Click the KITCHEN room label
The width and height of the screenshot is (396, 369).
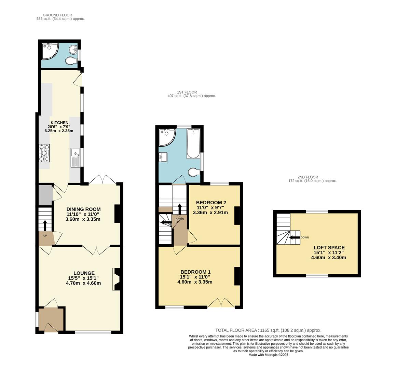tap(59, 123)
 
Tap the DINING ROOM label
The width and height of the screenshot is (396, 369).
tap(83, 209)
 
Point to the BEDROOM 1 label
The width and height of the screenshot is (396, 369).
tap(195, 272)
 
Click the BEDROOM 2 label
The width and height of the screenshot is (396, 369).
tap(211, 202)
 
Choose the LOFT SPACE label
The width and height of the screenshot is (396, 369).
tap(329, 248)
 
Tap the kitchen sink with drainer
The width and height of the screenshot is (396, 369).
tap(75, 158)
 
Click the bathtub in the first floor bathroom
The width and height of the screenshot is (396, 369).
tap(193, 143)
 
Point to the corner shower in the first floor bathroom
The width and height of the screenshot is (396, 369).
tap(166, 136)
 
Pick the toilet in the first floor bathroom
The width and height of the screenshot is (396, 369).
tap(194, 172)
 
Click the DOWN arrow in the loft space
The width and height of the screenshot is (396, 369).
tap(294, 238)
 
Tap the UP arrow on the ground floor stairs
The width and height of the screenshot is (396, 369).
tap(45, 225)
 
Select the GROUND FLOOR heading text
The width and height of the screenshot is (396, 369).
tap(57, 15)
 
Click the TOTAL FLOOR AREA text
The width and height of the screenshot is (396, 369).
tap(268, 330)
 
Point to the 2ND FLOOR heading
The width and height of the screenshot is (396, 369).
tap(308, 177)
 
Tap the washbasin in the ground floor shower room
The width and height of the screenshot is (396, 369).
tap(73, 50)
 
